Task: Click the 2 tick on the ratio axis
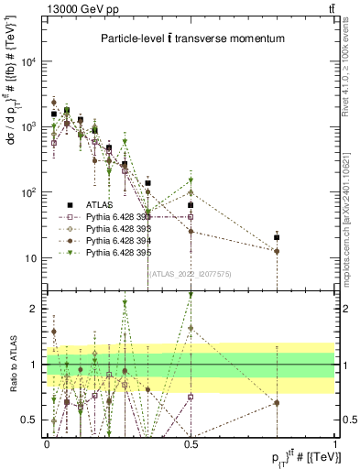pos(37,309)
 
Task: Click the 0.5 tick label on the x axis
pos(191,442)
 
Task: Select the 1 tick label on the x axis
pos(335,442)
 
